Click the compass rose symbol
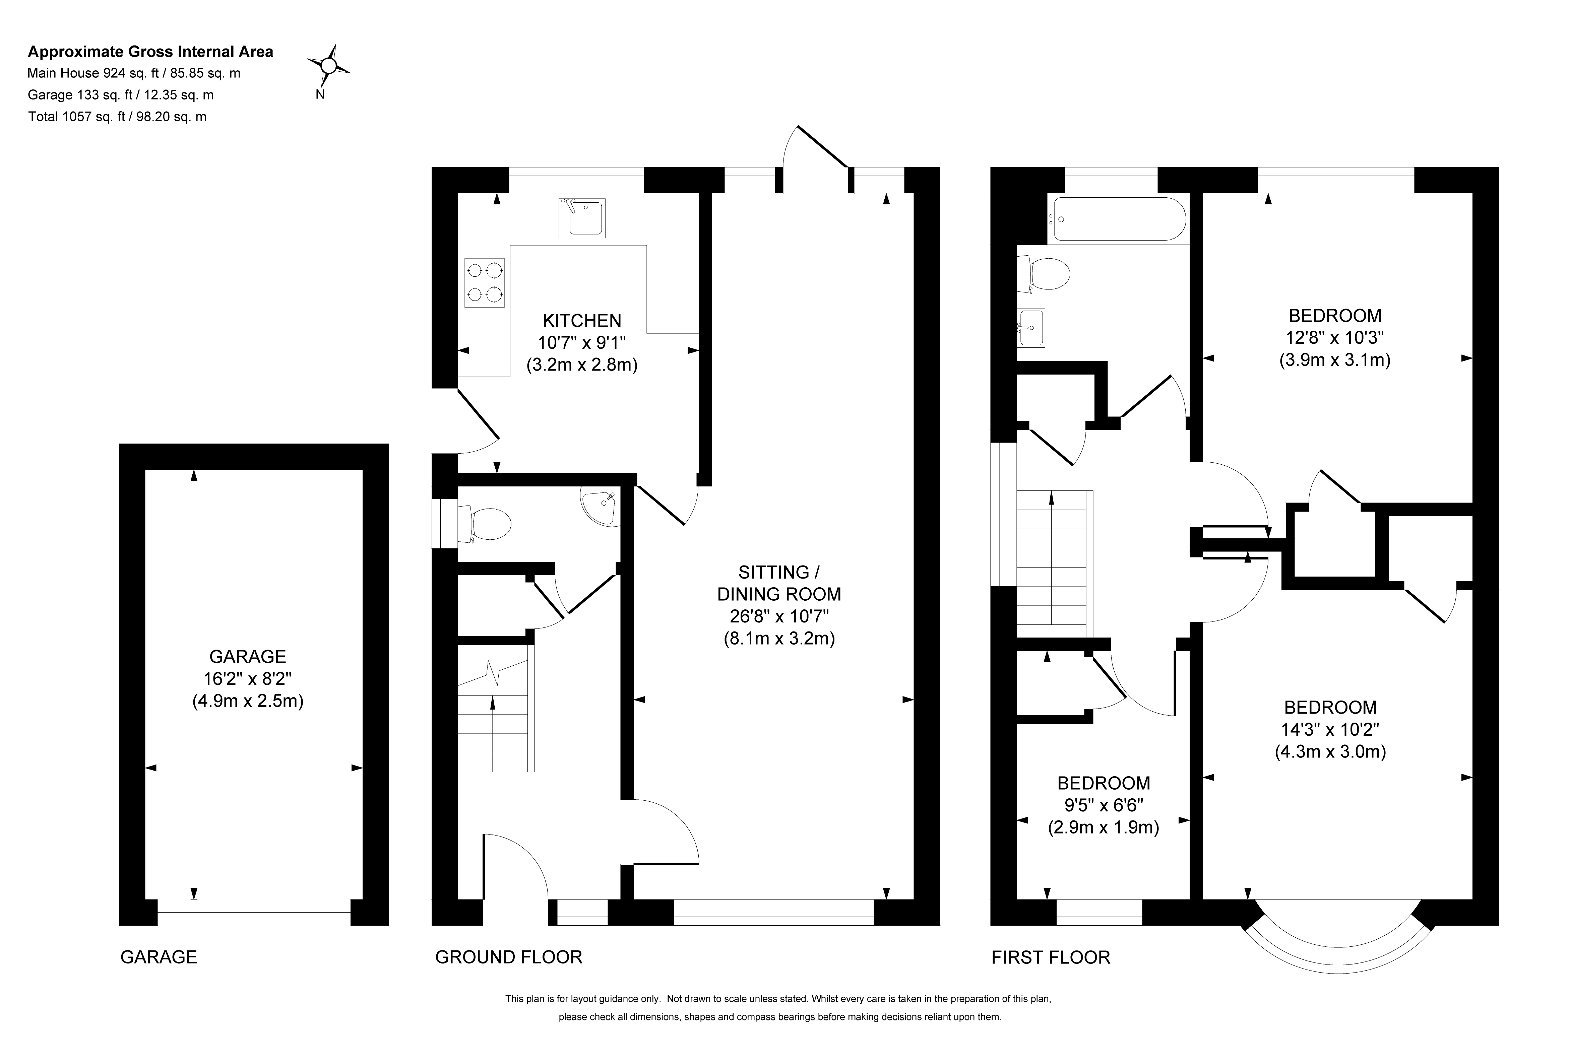(x=328, y=66)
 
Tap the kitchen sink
(x=582, y=217)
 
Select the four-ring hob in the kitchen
(x=484, y=283)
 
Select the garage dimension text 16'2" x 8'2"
(x=248, y=679)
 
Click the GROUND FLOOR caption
(x=509, y=957)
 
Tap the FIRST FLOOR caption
(x=1051, y=957)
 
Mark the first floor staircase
(x=1055, y=564)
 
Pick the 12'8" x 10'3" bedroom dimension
(x=1335, y=337)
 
